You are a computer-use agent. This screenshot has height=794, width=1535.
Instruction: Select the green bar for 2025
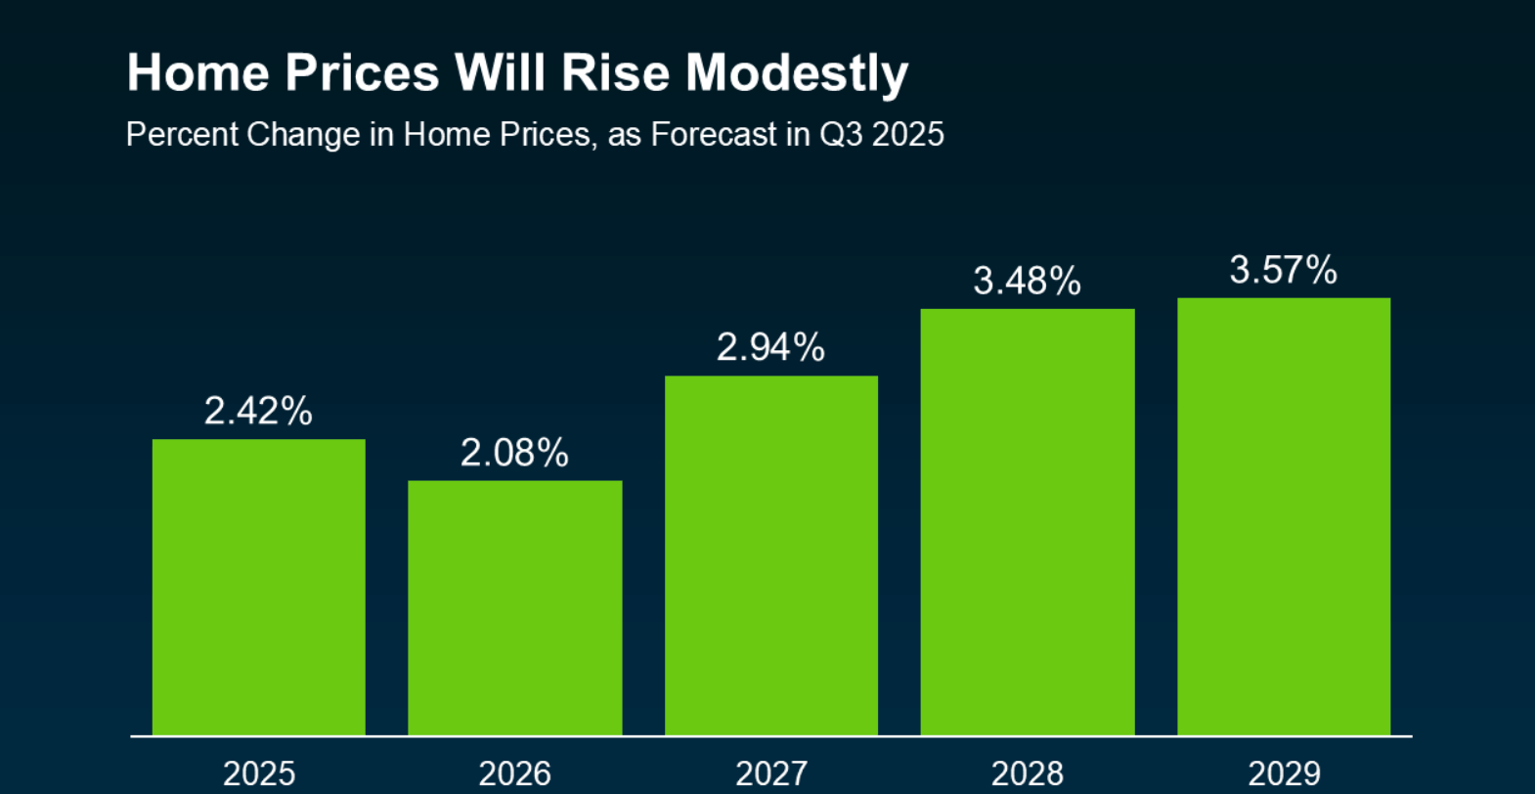(259, 587)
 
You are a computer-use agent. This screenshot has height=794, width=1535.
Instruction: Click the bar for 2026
(515, 607)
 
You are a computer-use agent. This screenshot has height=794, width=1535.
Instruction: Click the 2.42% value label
(258, 411)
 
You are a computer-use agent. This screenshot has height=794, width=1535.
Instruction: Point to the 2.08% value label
(514, 453)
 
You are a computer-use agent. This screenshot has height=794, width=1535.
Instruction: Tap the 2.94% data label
(770, 347)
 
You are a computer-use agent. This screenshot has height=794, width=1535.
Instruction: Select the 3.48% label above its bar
(1027, 282)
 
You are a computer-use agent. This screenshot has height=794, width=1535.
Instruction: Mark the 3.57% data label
(1283, 270)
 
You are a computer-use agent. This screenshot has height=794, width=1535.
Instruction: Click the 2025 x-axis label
(259, 773)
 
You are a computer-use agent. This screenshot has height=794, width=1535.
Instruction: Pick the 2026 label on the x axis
(515, 773)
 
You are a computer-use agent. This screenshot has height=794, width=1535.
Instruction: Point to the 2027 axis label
(771, 773)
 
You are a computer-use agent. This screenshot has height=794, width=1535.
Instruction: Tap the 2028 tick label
(1028, 773)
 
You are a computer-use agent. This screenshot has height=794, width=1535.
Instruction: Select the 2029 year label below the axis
(1284, 773)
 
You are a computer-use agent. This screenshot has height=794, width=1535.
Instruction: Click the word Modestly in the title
(797, 74)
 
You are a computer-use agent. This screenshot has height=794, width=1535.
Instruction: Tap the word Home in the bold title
(198, 73)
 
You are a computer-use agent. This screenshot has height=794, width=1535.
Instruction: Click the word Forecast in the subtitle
(714, 134)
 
